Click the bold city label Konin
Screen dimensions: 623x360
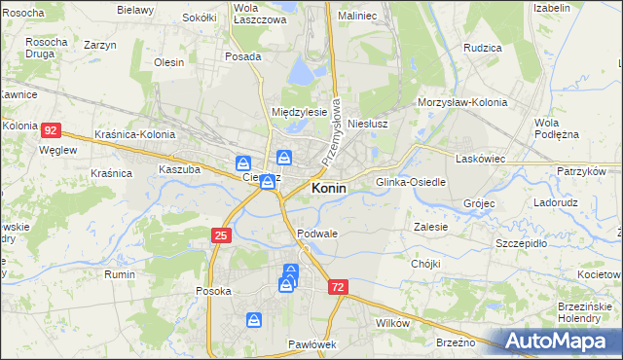tap(329, 189)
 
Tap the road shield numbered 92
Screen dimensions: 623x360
tap(53, 129)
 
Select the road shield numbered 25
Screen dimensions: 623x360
tap(221, 235)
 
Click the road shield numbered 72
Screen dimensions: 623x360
tap(338, 288)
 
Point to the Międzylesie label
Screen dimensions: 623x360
tap(299, 112)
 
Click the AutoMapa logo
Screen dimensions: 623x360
tap(563, 342)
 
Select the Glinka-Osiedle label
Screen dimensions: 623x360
tap(411, 182)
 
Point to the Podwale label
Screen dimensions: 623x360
tap(317, 234)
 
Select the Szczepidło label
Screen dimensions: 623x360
tap(523, 243)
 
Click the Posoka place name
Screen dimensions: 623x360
tap(213, 291)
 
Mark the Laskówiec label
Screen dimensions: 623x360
tap(479, 157)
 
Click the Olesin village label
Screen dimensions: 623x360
tap(169, 62)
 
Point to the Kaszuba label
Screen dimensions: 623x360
tap(179, 168)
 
